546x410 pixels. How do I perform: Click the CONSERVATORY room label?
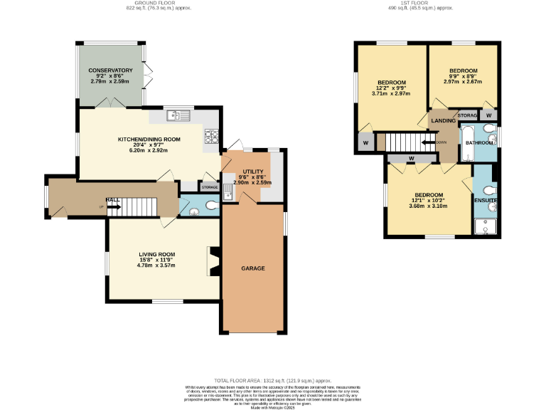coord(111,70)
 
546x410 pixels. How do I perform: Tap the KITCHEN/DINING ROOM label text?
coord(149,139)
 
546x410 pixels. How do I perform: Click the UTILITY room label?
coord(253,172)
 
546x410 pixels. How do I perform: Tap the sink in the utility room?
coord(228,191)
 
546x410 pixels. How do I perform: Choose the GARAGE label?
coord(252,268)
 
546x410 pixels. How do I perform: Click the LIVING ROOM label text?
coord(156,254)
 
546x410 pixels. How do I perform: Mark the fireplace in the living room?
coord(212,261)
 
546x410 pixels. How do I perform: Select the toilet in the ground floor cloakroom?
coord(210,206)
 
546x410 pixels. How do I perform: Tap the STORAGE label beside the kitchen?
coord(210,187)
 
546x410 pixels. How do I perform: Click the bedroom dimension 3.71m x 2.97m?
coord(391,93)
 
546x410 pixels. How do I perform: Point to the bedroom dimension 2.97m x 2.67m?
coord(463,81)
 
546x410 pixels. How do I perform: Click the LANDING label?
coord(443,122)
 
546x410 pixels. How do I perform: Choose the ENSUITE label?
coord(486,201)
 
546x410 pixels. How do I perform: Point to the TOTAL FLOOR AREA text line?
coord(273,381)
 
